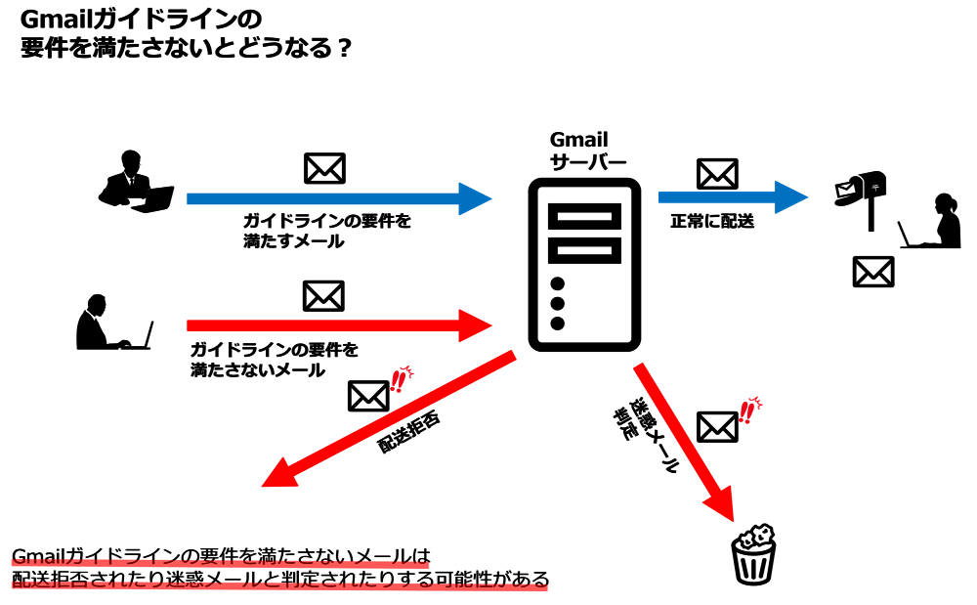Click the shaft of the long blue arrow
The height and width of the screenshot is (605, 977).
coord(322,198)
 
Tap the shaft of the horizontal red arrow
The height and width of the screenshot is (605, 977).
coord(322,325)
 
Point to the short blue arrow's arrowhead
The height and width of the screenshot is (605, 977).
coord(791,197)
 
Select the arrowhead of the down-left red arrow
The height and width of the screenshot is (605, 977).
coord(277,475)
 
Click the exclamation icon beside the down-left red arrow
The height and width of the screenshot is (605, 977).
coord(400,378)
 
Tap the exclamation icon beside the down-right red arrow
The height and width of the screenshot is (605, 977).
coord(748,410)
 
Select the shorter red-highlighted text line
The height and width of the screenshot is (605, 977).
coord(220,562)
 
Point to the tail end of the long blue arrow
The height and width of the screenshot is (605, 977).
coord(190,198)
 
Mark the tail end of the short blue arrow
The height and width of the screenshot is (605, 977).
coord(661,197)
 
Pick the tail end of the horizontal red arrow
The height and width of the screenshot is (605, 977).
coord(190,325)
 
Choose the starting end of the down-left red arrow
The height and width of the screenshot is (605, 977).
coord(511,356)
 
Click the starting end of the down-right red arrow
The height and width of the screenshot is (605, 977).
coord(639,367)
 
